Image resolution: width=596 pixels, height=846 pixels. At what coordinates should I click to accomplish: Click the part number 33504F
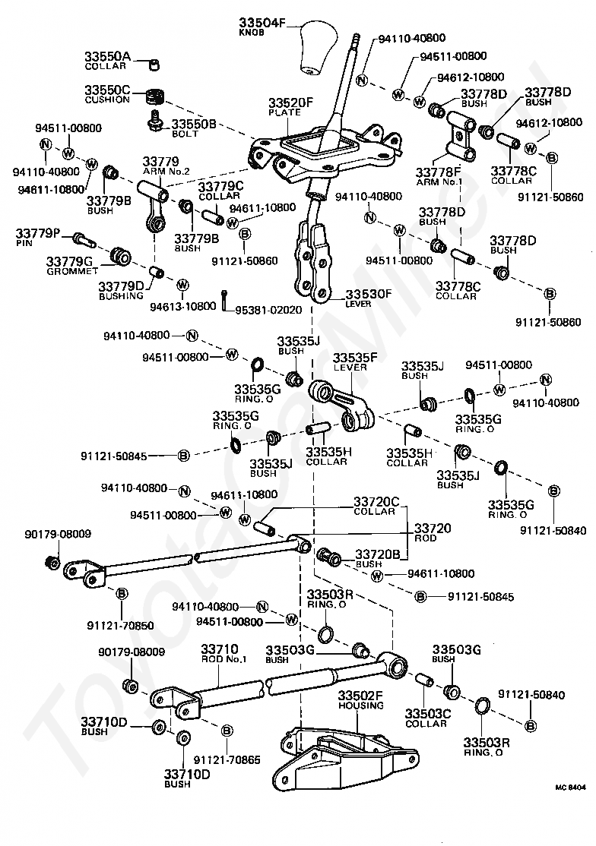click(x=262, y=24)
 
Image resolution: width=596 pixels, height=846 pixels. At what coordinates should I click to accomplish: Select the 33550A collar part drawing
click(x=154, y=65)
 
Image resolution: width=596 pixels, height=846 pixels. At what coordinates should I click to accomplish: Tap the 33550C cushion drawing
click(x=155, y=97)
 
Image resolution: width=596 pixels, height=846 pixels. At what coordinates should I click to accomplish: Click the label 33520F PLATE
click(x=290, y=106)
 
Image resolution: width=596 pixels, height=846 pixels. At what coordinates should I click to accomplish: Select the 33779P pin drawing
click(x=83, y=238)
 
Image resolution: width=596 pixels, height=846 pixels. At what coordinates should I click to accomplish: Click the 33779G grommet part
click(x=120, y=256)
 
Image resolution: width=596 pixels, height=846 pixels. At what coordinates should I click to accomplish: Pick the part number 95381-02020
click(x=268, y=311)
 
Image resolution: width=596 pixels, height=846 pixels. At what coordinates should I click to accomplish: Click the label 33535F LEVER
click(x=355, y=361)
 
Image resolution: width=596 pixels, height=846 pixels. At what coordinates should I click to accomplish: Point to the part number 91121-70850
click(x=120, y=625)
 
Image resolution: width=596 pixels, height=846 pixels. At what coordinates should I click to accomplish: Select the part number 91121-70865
click(x=227, y=759)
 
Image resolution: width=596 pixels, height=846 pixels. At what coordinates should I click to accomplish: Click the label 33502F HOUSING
click(x=360, y=699)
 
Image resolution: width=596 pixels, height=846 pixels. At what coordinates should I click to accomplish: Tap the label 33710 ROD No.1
click(x=223, y=653)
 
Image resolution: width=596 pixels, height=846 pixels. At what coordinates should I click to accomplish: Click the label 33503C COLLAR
click(x=427, y=718)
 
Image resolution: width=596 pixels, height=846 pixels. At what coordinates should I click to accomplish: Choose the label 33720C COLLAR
click(x=376, y=506)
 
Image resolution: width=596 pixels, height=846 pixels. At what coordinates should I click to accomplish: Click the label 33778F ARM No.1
click(x=439, y=176)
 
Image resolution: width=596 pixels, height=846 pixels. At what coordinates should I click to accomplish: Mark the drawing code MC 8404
click(x=570, y=788)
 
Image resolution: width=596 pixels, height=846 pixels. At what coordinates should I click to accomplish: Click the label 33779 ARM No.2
click(x=166, y=166)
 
